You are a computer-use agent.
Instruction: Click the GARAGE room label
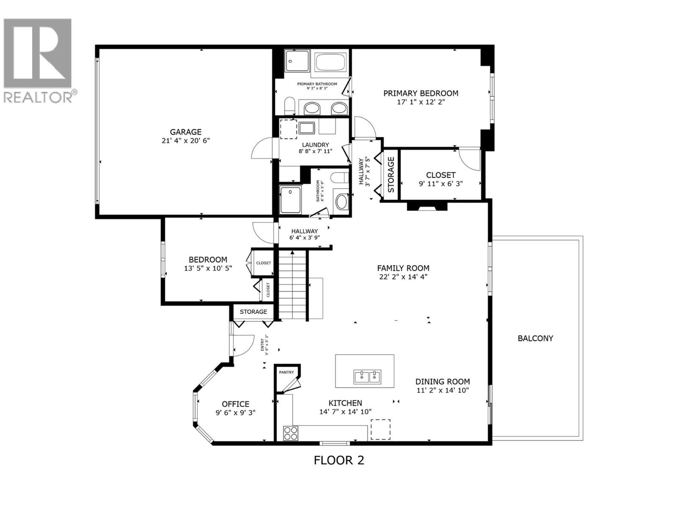point(186,132)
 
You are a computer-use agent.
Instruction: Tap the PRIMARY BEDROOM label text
point(420,93)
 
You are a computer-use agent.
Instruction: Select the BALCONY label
point(535,338)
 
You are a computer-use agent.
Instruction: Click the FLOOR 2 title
point(339,460)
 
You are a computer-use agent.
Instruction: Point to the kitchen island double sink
point(367,375)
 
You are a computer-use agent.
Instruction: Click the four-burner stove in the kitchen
point(291,433)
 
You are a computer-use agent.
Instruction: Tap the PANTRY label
point(286,372)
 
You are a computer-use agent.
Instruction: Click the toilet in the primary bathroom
point(290,105)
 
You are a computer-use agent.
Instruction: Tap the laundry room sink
point(306,127)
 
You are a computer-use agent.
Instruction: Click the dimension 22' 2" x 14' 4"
point(403,277)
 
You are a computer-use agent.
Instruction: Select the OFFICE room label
point(235,404)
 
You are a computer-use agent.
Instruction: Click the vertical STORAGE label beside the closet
point(391,174)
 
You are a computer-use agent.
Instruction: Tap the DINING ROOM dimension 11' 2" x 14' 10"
point(442,390)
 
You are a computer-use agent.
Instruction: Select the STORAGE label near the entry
point(253,312)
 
